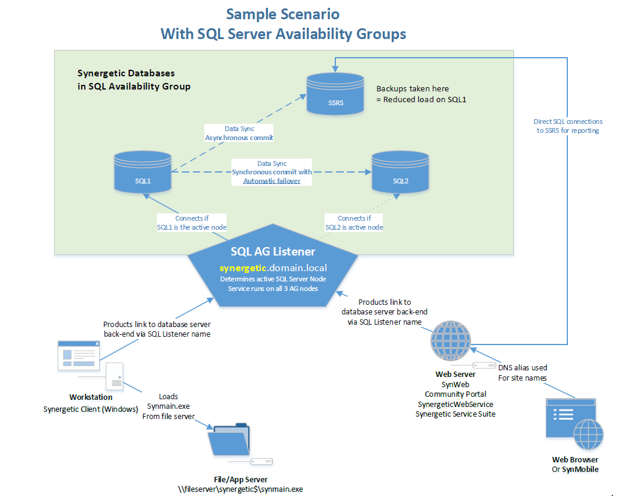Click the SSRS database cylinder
(335, 94)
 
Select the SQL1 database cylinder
(142, 172)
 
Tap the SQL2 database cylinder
(400, 172)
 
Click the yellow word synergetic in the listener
(243, 268)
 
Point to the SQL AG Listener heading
(273, 251)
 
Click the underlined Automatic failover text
(272, 181)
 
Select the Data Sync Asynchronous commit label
(239, 133)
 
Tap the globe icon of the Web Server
(451, 340)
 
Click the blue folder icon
(229, 439)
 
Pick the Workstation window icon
(79, 355)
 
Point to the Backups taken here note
(421, 94)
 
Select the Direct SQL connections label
(568, 126)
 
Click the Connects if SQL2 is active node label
(354, 222)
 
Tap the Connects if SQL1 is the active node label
(192, 222)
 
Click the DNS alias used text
(523, 368)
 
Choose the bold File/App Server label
(240, 479)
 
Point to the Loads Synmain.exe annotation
(168, 406)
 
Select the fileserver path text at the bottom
(240, 489)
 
